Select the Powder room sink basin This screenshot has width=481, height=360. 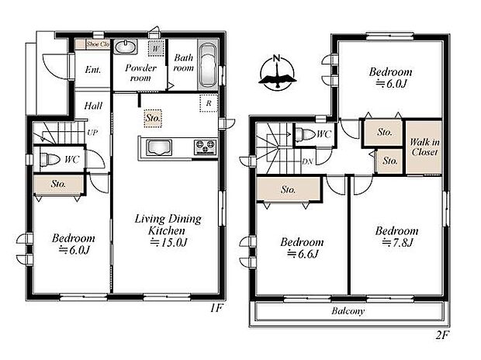[126, 47]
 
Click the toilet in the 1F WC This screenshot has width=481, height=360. [48, 160]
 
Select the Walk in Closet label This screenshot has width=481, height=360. [424, 147]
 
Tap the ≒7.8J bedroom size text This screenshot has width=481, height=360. [396, 243]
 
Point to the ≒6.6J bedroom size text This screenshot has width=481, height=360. [302, 253]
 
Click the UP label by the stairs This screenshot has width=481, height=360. [92, 133]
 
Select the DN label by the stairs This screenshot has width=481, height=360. [307, 161]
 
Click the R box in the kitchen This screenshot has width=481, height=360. [208, 102]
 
